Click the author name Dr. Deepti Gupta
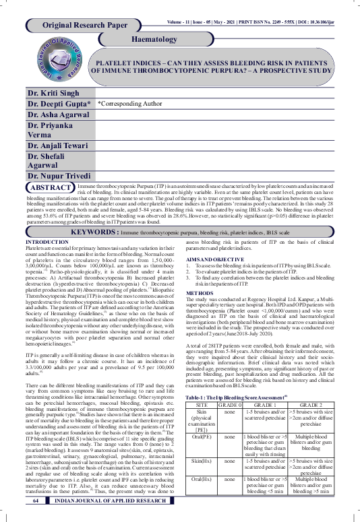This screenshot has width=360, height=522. tap(59, 104)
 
